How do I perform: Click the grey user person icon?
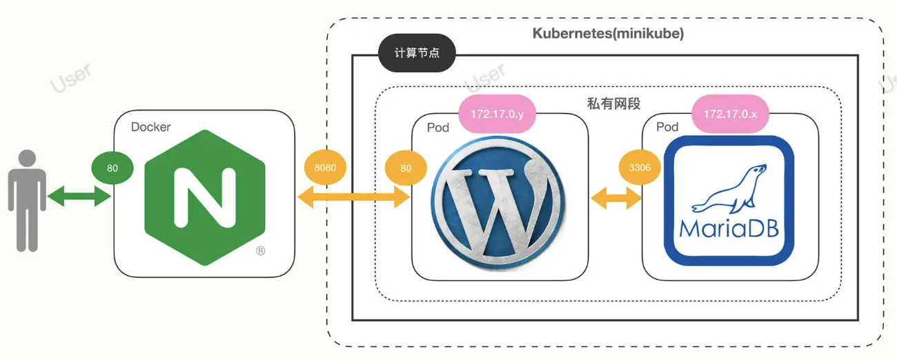pyautogui.click(x=27, y=201)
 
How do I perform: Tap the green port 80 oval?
pyautogui.click(x=112, y=168)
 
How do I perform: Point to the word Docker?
pyautogui.click(x=150, y=127)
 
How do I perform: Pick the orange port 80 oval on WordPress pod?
pyautogui.click(x=406, y=168)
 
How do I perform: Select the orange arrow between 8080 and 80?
pyautogui.click(x=353, y=199)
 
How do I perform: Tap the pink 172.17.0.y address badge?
pyautogui.click(x=498, y=113)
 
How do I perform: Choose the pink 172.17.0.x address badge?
pyautogui.click(x=730, y=113)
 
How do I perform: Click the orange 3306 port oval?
pyautogui.click(x=642, y=168)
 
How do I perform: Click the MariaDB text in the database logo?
pyautogui.click(x=729, y=228)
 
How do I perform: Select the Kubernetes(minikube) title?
pyautogui.click(x=608, y=34)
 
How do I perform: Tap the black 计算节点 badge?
pyautogui.click(x=417, y=53)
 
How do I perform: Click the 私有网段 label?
pyautogui.click(x=613, y=103)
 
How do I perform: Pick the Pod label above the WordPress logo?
pyautogui.click(x=437, y=127)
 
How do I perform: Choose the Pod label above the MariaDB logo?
pyautogui.click(x=667, y=127)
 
